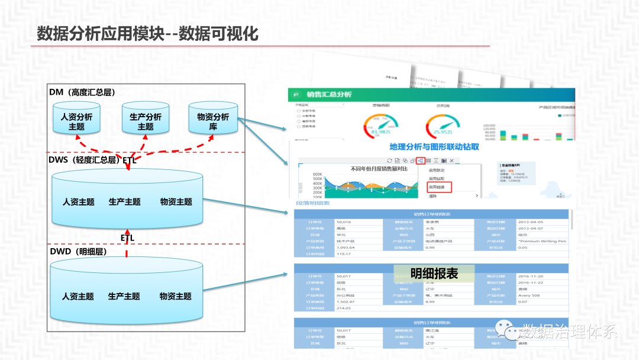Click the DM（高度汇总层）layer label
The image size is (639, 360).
coord(82,92)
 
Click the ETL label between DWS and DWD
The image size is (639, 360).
coord(127,237)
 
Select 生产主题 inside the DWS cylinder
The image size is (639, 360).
coord(124,202)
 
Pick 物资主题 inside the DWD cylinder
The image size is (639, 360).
coord(175,296)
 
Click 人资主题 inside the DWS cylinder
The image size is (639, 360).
coord(79,202)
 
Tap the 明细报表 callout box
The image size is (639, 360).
coord(434,273)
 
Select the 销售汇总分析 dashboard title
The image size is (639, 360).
coord(329,95)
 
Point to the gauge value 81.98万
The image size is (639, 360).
coord(377,132)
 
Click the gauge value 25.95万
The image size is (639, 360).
coord(443,132)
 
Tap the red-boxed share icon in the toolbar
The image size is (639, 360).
coord(420,160)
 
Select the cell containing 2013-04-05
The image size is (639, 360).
coord(530,222)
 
